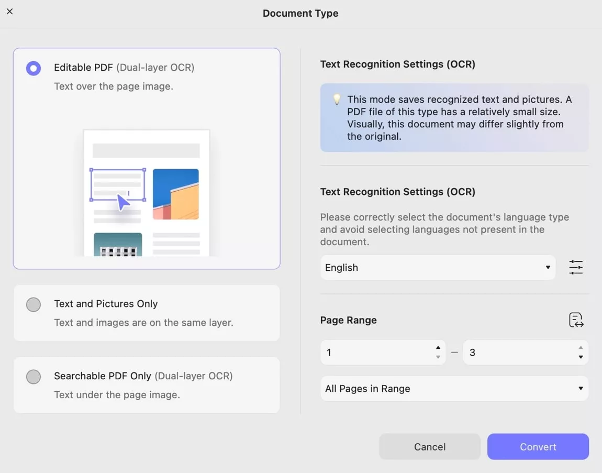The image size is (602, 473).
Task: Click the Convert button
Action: click(538, 446)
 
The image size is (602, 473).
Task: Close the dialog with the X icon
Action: click(9, 12)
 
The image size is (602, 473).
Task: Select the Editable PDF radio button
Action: click(34, 69)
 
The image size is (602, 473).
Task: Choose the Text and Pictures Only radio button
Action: click(34, 305)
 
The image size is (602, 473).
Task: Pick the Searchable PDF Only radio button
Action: click(34, 377)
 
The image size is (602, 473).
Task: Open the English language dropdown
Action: click(438, 268)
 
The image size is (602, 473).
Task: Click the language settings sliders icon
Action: click(576, 268)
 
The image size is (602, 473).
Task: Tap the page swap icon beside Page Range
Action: click(576, 320)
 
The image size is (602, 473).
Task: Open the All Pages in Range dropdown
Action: click(454, 389)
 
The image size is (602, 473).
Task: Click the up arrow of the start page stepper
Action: click(438, 347)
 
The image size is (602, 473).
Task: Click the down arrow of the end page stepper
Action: click(581, 357)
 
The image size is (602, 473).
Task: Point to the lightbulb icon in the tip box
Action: click(337, 99)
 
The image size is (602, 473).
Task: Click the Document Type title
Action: click(300, 13)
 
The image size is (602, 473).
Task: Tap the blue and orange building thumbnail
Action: click(176, 194)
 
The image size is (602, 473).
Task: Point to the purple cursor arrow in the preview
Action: click(123, 202)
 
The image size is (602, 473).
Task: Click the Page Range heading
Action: click(348, 320)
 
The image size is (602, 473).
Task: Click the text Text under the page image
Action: click(117, 394)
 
